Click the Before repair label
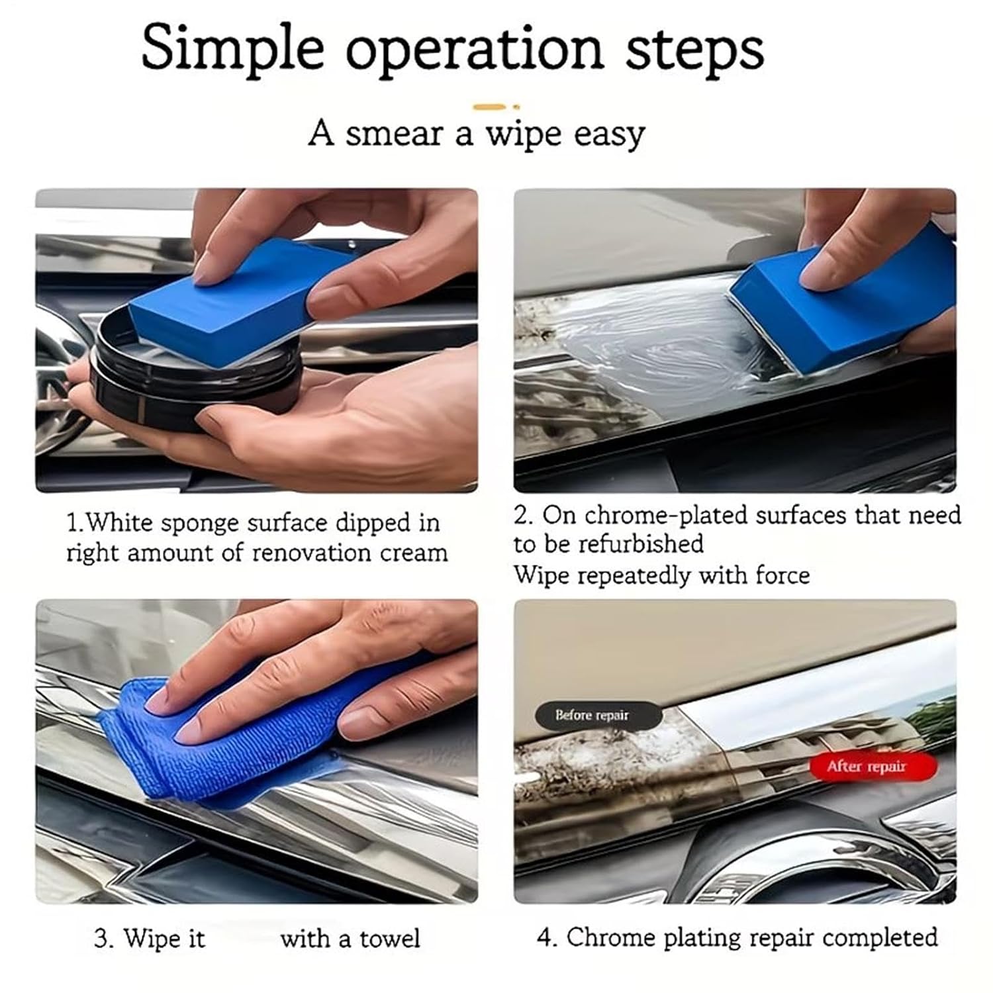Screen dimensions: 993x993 pos(592,716)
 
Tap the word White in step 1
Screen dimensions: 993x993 pos(120,523)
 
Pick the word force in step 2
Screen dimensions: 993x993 pos(782,575)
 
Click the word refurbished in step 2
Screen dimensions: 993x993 pos(640,544)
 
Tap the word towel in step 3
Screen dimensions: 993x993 pos(390,939)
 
